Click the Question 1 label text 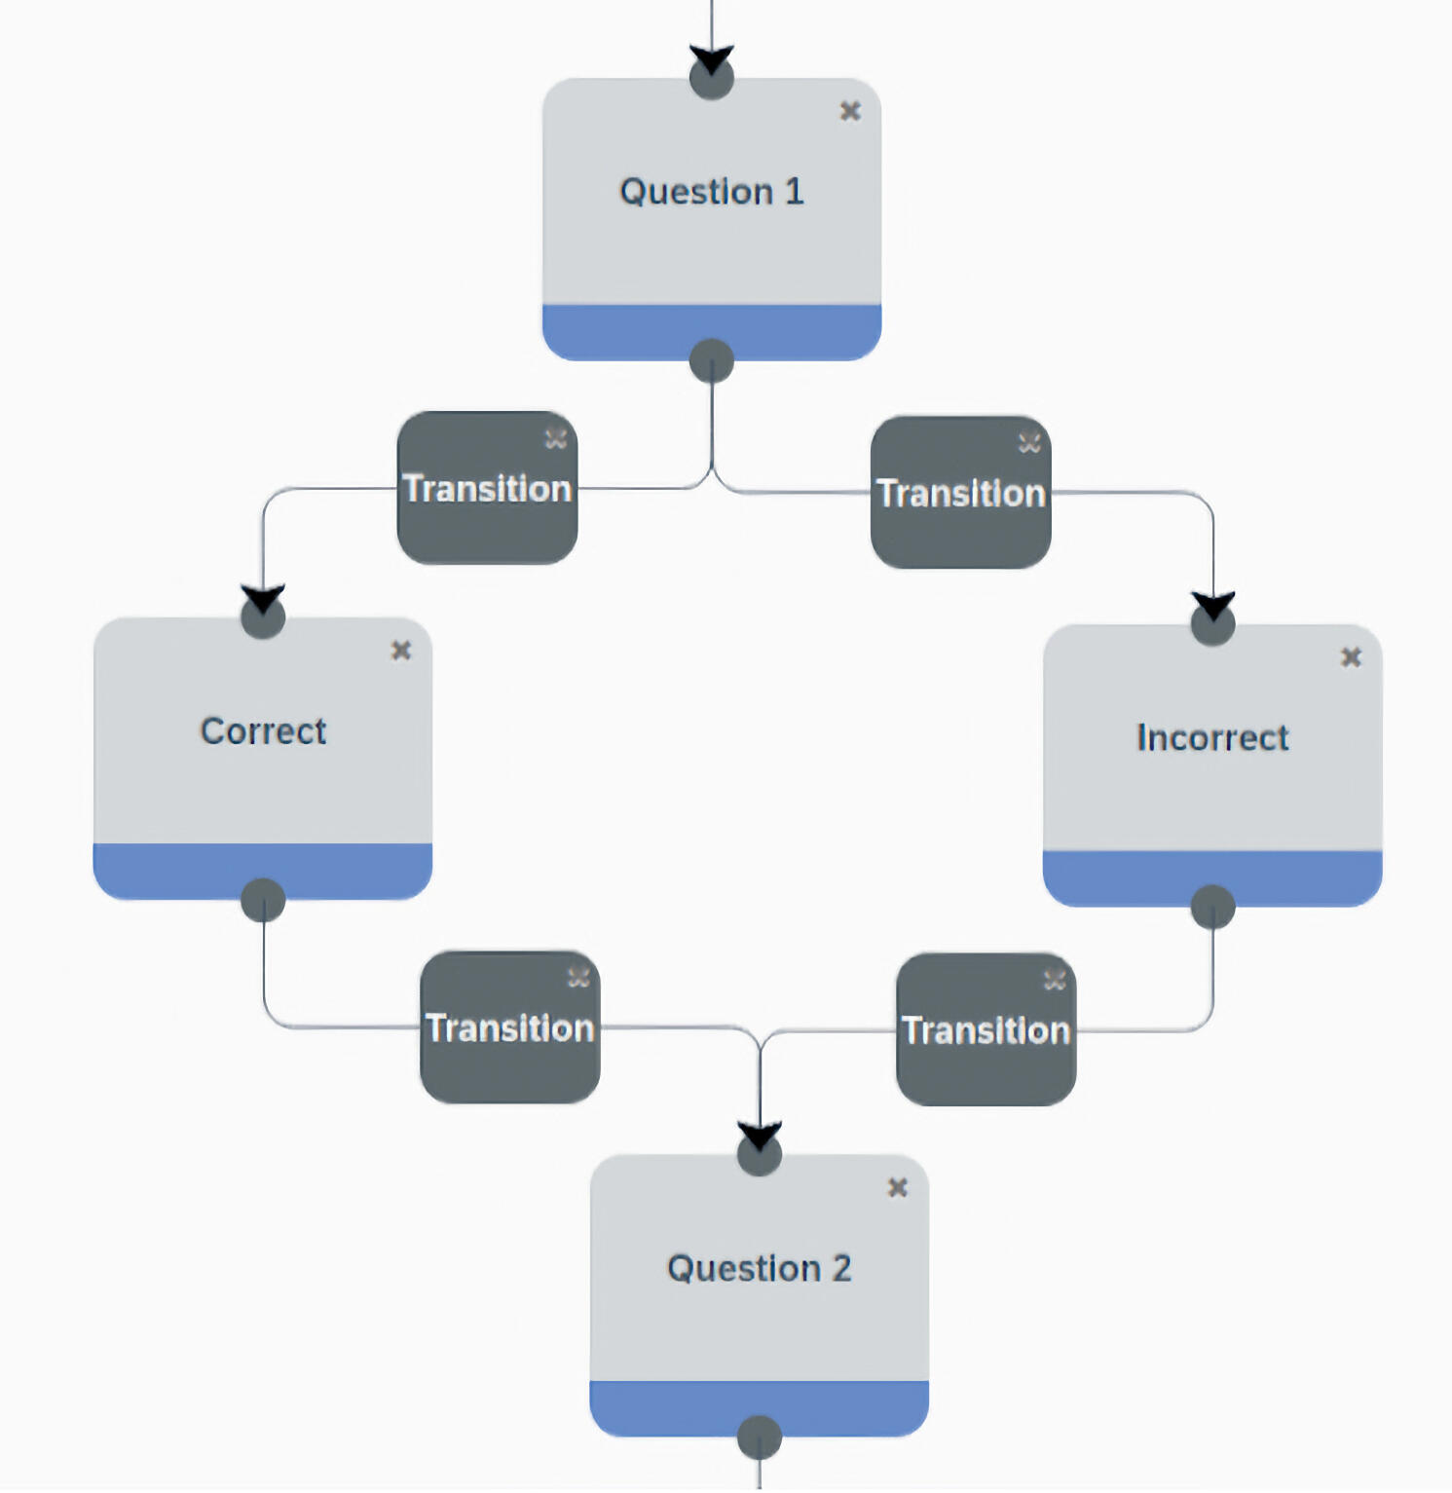712,192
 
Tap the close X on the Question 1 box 850,111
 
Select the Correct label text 263,731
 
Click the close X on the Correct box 401,651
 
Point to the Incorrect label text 1212,738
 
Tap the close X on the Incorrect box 1351,657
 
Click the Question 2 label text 760,1269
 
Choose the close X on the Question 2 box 898,1188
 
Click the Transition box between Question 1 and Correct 487,488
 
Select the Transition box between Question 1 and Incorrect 961,493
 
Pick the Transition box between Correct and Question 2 510,1027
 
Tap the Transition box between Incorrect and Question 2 987,1029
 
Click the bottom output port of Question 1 712,361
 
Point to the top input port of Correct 263,616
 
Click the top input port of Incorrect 1213,623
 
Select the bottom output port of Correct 263,900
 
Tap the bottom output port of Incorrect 1213,907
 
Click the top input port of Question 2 760,1154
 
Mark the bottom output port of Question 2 760,1437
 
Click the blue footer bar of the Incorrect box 1120,877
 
